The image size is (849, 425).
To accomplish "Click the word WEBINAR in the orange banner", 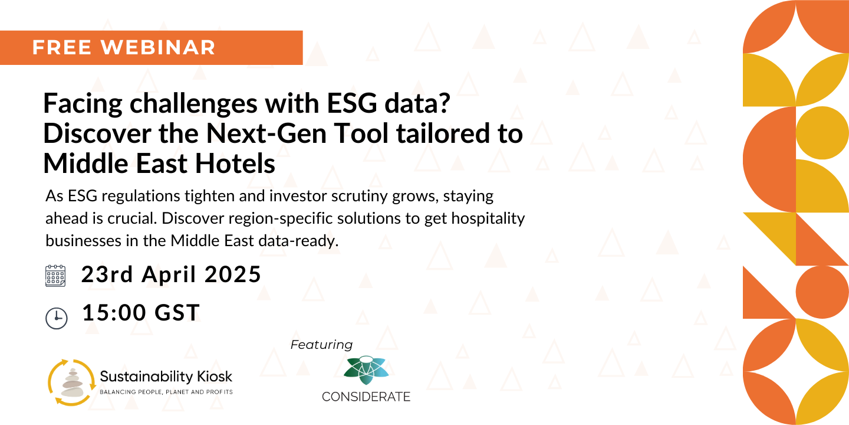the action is [x=158, y=47].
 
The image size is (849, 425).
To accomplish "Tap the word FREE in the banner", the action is [x=62, y=47].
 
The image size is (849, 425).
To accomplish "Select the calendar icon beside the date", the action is [x=55, y=276].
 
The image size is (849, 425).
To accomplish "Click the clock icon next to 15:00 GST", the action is [x=57, y=318].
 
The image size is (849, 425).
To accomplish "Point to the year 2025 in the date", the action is [x=233, y=274].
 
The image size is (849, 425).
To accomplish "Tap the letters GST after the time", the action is [x=177, y=313].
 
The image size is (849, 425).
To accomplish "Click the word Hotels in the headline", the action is [x=235, y=164].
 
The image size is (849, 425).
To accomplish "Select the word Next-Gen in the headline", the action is [x=266, y=133].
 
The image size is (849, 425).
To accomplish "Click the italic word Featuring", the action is [x=321, y=345].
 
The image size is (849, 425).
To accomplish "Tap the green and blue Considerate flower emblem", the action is [x=366, y=370].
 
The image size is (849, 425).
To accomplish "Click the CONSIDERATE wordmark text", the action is [x=366, y=397].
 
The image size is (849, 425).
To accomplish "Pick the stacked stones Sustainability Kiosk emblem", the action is [x=71, y=382].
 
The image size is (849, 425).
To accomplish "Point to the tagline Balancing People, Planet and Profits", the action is [x=166, y=392].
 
